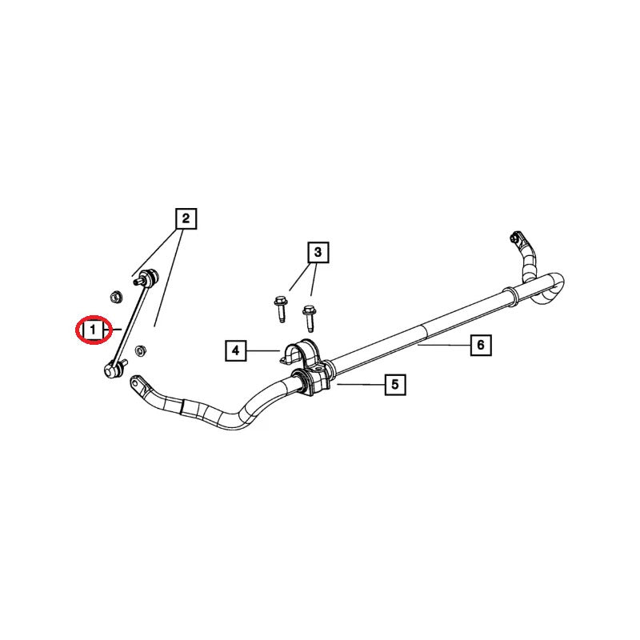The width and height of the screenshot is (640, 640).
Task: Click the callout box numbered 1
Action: click(93, 330)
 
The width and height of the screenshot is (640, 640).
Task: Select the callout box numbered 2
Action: click(186, 218)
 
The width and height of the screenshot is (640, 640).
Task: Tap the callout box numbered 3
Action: click(318, 252)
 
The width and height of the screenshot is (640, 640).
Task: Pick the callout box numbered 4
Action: click(236, 350)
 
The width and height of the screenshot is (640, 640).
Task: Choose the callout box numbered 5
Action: click(395, 385)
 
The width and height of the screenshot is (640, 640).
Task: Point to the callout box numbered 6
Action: click(481, 346)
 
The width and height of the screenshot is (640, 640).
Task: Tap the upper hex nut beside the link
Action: click(115, 296)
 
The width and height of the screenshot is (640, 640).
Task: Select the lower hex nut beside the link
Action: click(141, 350)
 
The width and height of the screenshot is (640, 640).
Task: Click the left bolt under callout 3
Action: click(281, 309)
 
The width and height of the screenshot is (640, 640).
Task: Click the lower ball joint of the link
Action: click(114, 370)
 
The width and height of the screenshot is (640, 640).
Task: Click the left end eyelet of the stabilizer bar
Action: click(137, 384)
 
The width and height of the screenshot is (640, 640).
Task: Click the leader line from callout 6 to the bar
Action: click(444, 346)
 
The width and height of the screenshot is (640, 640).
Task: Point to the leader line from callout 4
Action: click(263, 350)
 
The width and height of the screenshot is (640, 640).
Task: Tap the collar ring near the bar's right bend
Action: click(511, 296)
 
